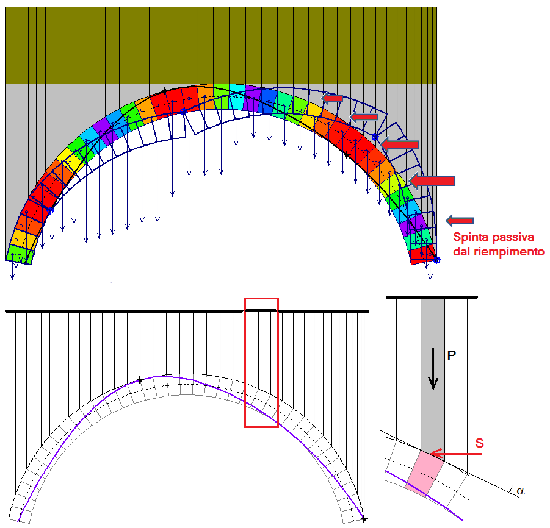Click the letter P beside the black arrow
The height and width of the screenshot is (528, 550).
(452, 355)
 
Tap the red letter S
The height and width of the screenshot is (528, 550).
(479, 443)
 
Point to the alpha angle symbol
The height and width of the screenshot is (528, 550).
(519, 490)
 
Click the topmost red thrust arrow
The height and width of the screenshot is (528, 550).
(332, 98)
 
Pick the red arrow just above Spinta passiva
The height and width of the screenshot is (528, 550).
(460, 220)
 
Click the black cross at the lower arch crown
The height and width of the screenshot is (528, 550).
(140, 380)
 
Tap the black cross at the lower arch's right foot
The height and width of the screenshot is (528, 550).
(364, 519)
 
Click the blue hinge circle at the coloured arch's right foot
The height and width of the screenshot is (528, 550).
(436, 260)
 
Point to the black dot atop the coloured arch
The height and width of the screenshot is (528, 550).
(164, 91)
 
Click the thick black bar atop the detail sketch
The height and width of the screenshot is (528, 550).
(432, 297)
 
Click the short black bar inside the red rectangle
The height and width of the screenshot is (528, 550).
(261, 311)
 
